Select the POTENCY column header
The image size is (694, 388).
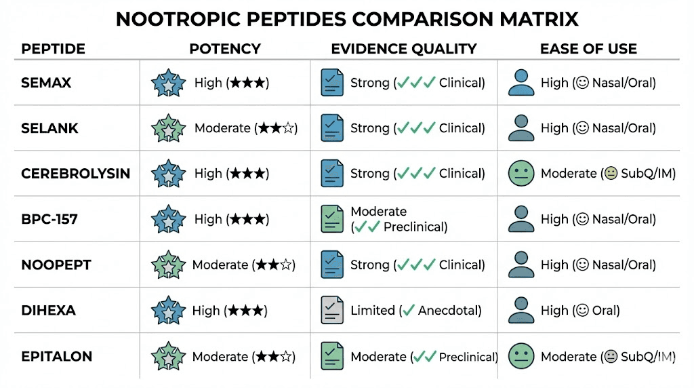point(225,49)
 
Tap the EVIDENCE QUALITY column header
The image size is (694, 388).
point(404,49)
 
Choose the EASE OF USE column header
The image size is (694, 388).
point(588,49)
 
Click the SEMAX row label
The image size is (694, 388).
point(47,83)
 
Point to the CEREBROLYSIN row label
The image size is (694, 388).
point(76,174)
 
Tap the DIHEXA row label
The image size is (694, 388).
point(49,311)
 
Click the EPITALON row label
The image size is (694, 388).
point(57,356)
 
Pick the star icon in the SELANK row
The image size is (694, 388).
point(168,128)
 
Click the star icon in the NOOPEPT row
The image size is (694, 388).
point(168,265)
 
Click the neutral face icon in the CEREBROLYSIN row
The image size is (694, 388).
point(521,174)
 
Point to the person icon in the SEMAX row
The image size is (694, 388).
point(521,83)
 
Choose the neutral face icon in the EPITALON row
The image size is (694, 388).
point(521,356)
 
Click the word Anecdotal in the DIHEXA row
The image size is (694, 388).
point(449,311)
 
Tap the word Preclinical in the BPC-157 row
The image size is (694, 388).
point(415,227)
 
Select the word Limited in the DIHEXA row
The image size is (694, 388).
point(373,311)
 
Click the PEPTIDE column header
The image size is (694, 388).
point(54,49)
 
